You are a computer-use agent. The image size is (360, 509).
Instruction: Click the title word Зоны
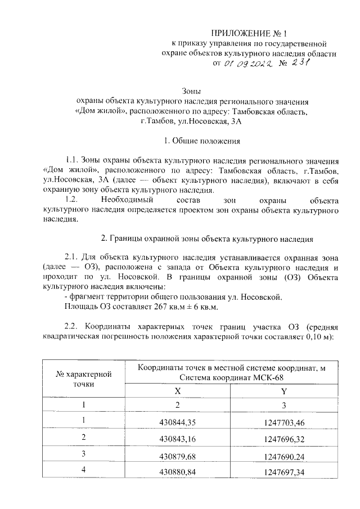coord(192,91)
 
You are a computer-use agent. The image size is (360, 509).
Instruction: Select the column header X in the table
coord(178,391)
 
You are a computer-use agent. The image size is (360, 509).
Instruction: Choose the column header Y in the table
coord(283,391)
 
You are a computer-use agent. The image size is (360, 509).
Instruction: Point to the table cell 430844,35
coord(178,421)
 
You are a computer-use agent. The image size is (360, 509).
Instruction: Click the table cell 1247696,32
coord(283,437)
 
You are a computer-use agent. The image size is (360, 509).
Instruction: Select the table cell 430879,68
coord(178,454)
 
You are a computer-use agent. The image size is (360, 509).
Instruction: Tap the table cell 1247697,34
coord(283,471)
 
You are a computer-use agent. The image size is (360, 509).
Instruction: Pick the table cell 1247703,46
coord(283,421)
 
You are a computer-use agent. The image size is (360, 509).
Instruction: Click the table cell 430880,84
coord(178,471)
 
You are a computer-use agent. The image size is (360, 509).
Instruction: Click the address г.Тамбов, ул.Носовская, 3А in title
coord(192,121)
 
